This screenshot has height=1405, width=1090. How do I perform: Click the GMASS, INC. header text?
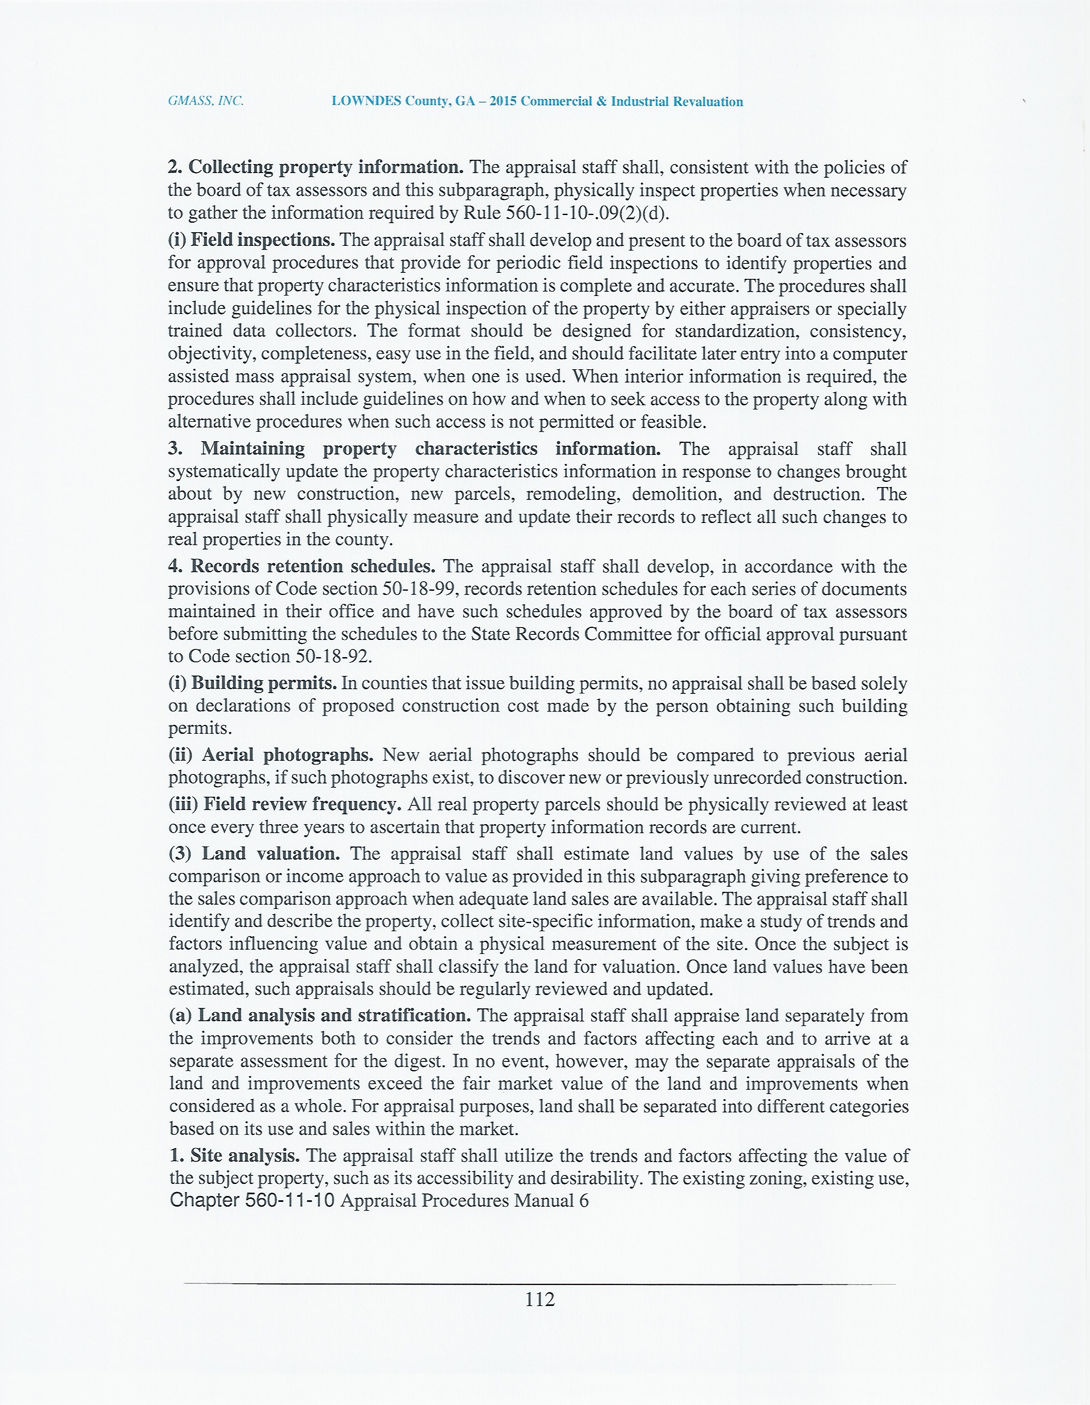[x=205, y=101]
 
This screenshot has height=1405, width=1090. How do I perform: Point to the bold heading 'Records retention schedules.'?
[x=313, y=566]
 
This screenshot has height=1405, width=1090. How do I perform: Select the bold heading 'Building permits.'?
[x=264, y=683]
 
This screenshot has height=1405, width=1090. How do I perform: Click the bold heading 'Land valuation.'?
[x=271, y=854]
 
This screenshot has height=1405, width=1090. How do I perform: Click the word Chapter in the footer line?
[x=205, y=1200]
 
